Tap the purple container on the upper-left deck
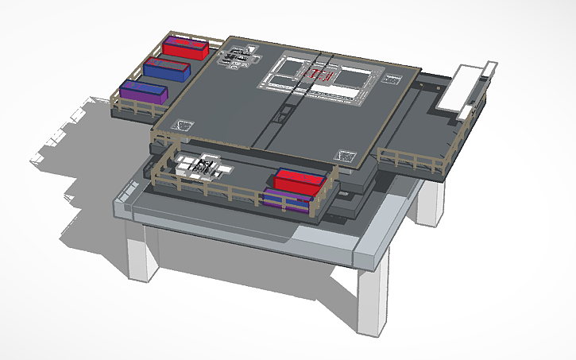pyautogui.click(x=144, y=92)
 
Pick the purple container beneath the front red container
pyautogui.click(x=286, y=202)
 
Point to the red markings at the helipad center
pyautogui.click(x=319, y=75)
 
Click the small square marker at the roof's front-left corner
pyautogui.click(x=185, y=125)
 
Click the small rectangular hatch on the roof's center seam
pyautogui.click(x=282, y=116)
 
